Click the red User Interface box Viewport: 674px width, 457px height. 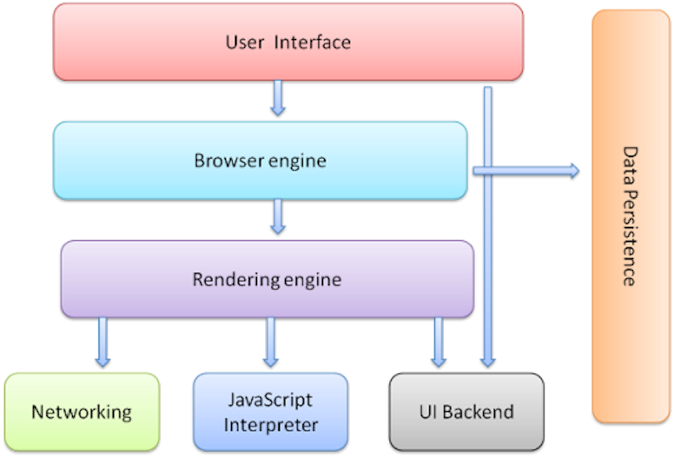point(288,42)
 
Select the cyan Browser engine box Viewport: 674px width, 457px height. point(260,160)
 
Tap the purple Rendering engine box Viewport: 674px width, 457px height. point(268,279)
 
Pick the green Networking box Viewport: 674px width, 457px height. point(82,412)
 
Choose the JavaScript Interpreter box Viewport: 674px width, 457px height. point(271,412)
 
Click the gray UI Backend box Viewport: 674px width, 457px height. point(467,412)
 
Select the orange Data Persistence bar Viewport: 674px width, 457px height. point(631,216)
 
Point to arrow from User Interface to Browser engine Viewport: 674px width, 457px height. point(278,98)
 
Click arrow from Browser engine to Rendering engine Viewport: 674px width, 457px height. point(278,216)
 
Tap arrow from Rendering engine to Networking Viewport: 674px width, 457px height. point(102,342)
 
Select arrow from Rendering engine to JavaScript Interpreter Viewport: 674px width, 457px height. point(270,342)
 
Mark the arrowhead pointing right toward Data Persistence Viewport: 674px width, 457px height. point(575,171)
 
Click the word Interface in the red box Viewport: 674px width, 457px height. point(313,42)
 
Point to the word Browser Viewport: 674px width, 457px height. point(229,161)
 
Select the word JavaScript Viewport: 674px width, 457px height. point(270,400)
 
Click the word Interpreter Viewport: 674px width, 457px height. point(271,425)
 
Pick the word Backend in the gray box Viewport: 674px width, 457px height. point(478,412)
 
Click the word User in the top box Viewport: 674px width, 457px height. point(245,42)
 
